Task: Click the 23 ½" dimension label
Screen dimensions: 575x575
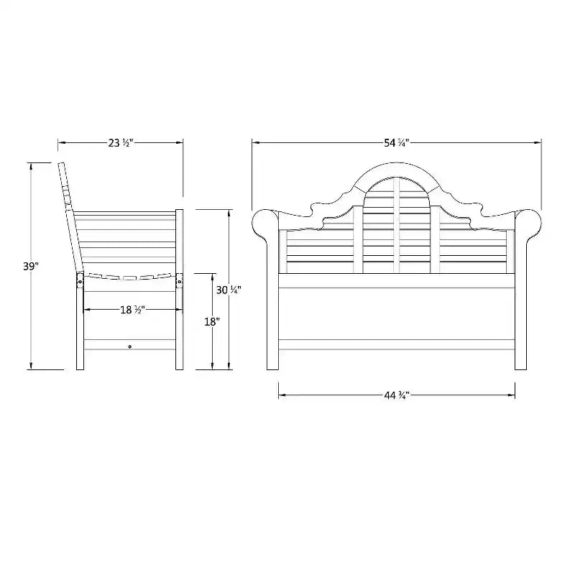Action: point(120,142)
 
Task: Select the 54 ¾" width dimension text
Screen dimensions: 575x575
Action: point(397,142)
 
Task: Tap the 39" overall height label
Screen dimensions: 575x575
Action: point(31,266)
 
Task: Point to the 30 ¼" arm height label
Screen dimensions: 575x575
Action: point(229,290)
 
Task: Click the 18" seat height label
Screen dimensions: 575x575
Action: point(212,321)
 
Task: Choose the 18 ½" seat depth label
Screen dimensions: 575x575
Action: point(133,310)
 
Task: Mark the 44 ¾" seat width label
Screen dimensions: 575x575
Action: point(397,395)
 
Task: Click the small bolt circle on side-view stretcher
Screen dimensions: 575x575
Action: point(130,346)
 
